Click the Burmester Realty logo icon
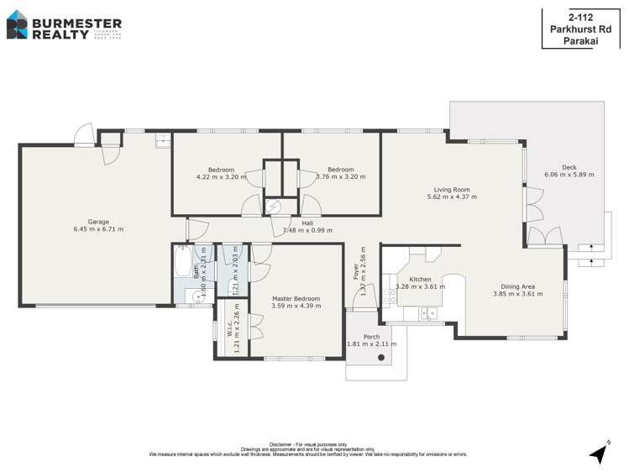[17, 25]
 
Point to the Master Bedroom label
[296, 298]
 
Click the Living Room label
[451, 190]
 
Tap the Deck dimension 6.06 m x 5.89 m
[569, 175]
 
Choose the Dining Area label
[517, 286]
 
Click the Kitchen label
[420, 279]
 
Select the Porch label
[371, 337]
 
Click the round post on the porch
[382, 358]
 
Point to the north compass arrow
[599, 453]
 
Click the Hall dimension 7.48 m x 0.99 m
[307, 230]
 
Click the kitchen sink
[430, 315]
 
